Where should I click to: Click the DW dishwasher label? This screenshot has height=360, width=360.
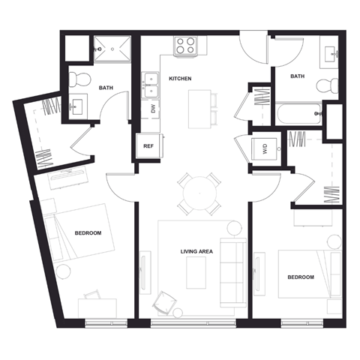(153, 109)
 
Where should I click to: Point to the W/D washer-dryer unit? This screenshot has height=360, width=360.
(265, 148)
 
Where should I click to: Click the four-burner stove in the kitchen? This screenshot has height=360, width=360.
(184, 46)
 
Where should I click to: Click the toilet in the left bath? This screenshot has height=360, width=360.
(82, 78)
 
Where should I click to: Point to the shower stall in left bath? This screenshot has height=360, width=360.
(112, 49)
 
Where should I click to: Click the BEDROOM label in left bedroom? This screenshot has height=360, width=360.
(88, 233)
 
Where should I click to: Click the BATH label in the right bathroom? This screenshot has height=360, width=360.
(298, 76)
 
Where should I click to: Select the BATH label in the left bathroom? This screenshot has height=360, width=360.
(106, 88)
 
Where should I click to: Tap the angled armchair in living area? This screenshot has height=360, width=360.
(162, 302)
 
